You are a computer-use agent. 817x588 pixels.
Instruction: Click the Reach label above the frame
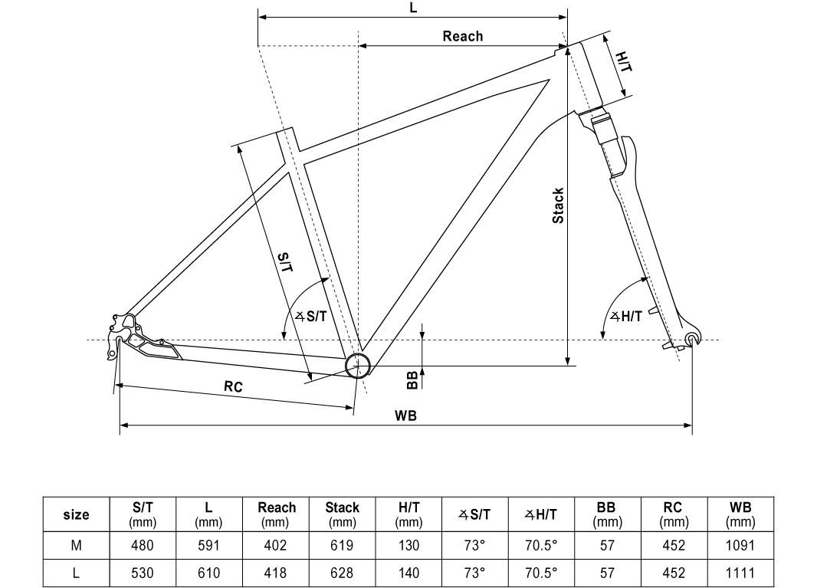click(x=463, y=36)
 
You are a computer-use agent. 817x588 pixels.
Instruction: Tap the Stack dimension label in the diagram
click(x=559, y=205)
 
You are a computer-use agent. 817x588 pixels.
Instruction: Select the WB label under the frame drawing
click(x=405, y=416)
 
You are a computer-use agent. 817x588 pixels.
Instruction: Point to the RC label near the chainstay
click(x=233, y=387)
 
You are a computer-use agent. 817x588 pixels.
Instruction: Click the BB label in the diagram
click(x=412, y=377)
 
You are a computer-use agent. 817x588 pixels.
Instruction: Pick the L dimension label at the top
click(x=413, y=8)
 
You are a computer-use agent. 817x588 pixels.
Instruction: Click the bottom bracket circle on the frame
click(x=358, y=366)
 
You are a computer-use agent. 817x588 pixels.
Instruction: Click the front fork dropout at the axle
click(x=692, y=339)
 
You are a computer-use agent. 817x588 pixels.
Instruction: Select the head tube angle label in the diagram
click(x=626, y=317)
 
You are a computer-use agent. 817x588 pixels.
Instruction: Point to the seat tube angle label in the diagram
click(x=310, y=316)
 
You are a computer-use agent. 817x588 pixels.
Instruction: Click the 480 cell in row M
click(x=143, y=546)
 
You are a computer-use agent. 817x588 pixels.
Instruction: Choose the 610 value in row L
click(x=208, y=573)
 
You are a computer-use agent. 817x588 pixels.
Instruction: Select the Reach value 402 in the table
click(x=276, y=546)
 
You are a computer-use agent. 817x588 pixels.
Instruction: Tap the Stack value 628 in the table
click(x=342, y=573)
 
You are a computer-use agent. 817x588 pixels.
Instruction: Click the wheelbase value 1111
click(x=740, y=573)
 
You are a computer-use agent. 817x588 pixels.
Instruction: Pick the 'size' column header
click(x=76, y=514)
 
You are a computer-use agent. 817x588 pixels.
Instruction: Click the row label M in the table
click(x=76, y=546)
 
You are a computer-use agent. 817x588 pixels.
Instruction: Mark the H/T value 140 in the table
click(x=408, y=573)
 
